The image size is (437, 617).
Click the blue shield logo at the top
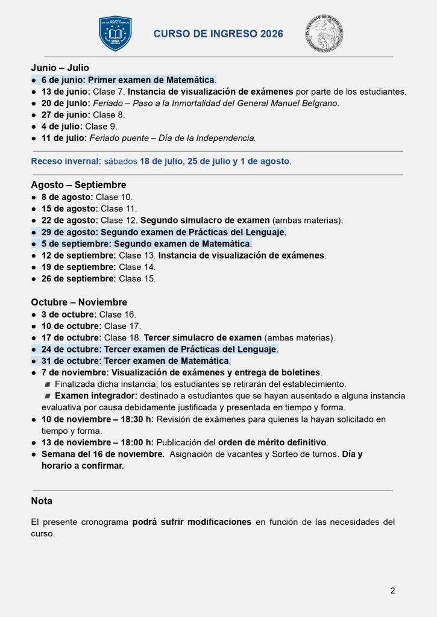point(115,34)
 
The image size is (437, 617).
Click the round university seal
point(324,34)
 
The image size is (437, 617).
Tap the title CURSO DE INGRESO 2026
point(218,34)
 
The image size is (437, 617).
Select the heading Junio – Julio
point(60,68)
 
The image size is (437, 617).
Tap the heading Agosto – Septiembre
point(78,185)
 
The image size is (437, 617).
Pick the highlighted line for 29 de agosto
point(163,232)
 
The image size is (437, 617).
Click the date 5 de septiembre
point(75,244)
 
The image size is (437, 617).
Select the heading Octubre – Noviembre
point(79,302)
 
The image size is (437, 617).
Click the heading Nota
point(42,501)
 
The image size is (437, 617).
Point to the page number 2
point(392,590)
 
